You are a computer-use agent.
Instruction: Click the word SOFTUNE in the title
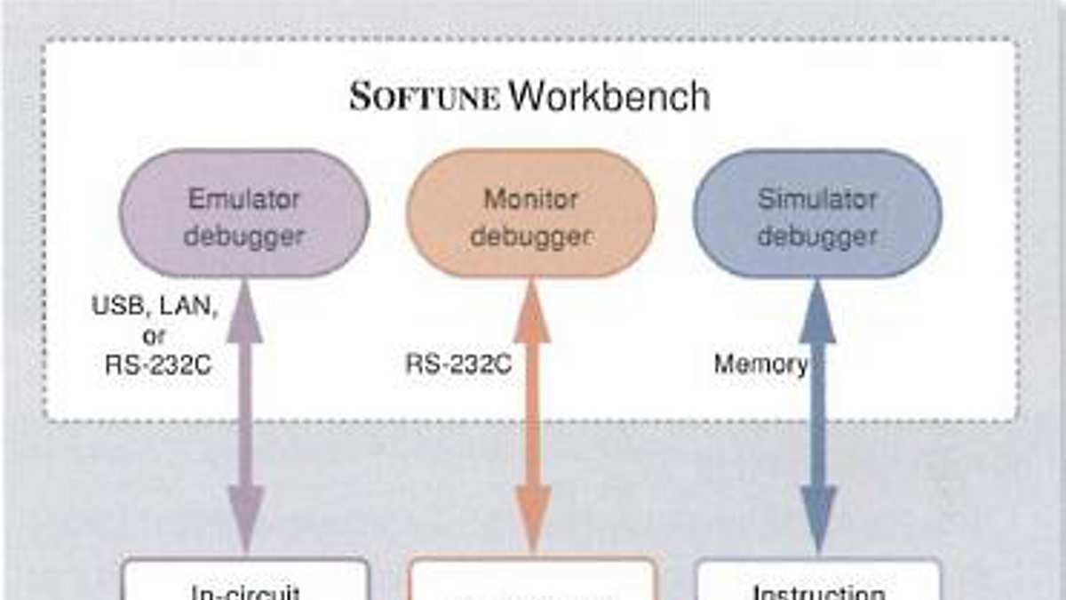[x=425, y=96]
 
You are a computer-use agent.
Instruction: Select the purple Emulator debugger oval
[x=245, y=213]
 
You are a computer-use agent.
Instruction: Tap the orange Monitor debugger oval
[x=530, y=213]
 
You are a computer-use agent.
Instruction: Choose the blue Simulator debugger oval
[x=817, y=213]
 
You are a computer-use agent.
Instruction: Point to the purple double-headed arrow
[x=246, y=418]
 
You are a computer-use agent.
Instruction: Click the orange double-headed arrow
[x=532, y=418]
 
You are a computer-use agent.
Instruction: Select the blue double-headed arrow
[x=818, y=418]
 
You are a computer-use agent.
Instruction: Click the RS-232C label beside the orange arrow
[x=458, y=364]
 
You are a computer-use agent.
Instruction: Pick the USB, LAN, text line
[x=154, y=308]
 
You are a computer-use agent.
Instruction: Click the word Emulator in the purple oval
[x=245, y=197]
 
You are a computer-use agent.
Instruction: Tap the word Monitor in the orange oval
[x=530, y=197]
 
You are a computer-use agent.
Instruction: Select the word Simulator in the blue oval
[x=817, y=197]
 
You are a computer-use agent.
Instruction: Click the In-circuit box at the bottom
[x=245, y=582]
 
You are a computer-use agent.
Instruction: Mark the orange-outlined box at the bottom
[x=532, y=582]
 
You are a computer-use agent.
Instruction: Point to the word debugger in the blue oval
[x=817, y=236]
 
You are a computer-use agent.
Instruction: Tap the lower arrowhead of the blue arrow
[x=818, y=520]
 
